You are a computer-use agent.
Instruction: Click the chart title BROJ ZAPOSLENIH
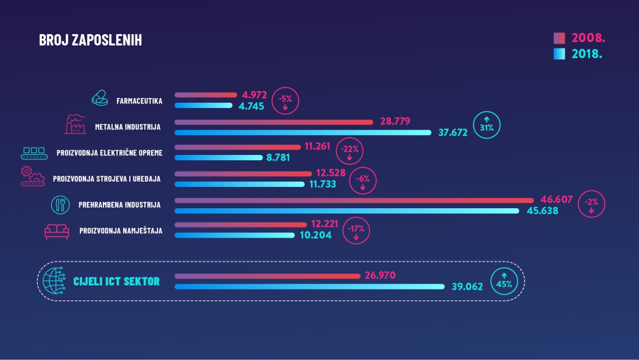[91, 40]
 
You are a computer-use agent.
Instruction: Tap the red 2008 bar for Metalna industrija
[274, 122]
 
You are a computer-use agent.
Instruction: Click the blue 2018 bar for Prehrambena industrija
[347, 211]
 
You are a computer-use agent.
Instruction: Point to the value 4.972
[254, 95]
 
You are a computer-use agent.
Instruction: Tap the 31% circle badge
[487, 125]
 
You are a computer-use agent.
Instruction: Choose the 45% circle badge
[504, 281]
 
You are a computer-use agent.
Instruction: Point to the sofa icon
[57, 231]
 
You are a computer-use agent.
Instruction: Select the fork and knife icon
[61, 204]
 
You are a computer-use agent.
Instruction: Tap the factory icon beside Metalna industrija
[75, 124]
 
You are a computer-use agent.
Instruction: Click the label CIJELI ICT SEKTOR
[116, 281]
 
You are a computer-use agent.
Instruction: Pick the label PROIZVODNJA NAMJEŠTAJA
[121, 231]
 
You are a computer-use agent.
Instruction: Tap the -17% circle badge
[356, 231]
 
